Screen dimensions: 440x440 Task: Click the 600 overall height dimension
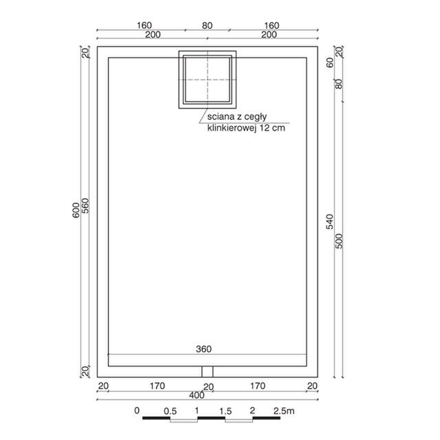[76, 210]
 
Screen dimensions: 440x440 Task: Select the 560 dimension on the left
[85, 206]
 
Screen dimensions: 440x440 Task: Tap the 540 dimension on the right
[330, 221]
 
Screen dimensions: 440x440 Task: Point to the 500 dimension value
[339, 241]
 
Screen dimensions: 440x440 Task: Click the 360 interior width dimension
[203, 349]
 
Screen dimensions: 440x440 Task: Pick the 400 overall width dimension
[197, 395]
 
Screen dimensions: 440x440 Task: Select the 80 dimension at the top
[207, 25]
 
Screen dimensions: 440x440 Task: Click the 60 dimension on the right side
[330, 63]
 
